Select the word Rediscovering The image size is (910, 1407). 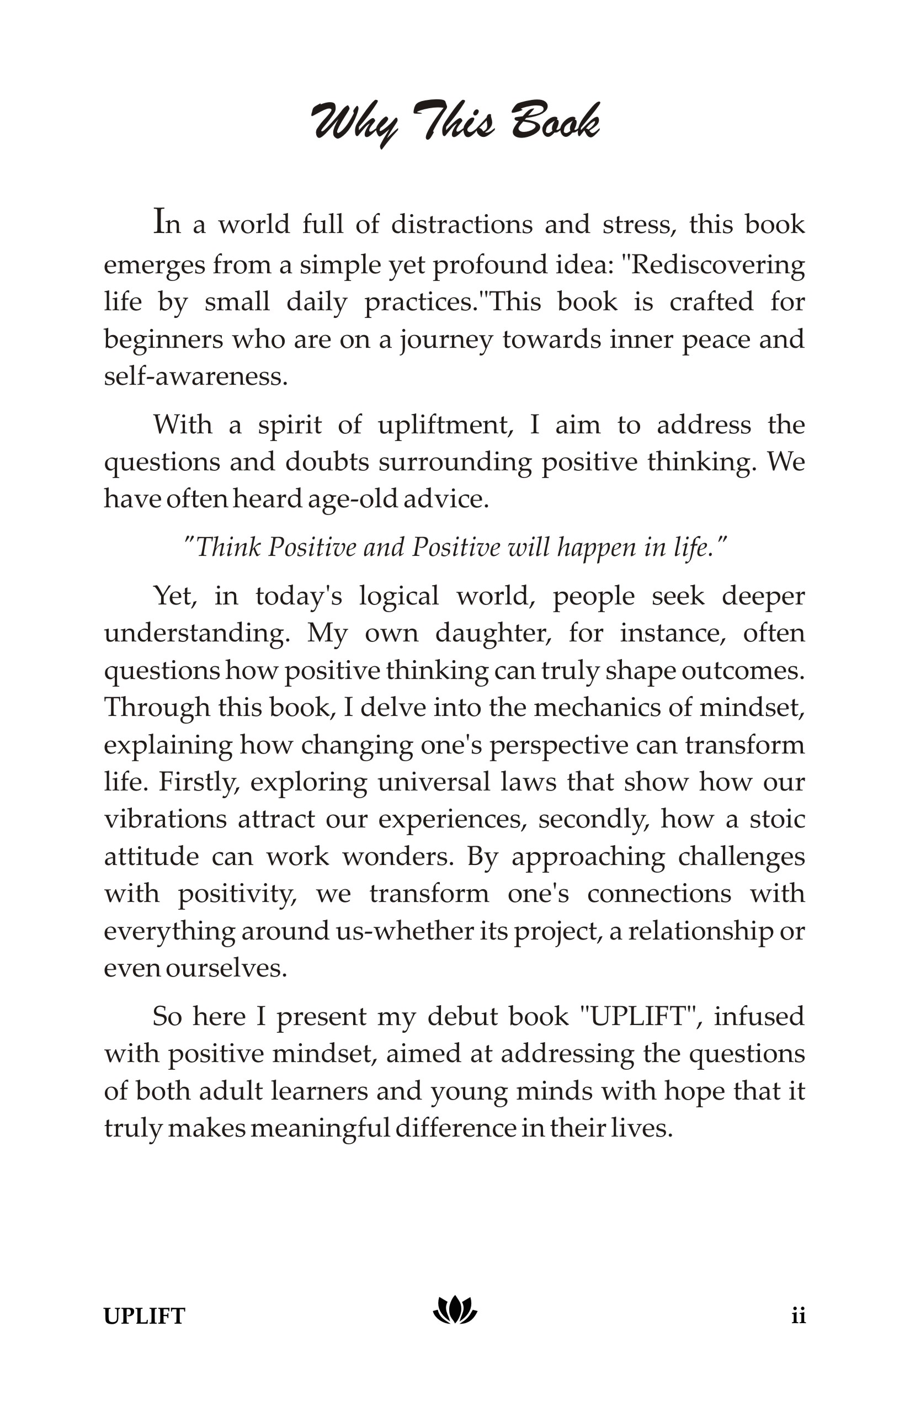pos(718,265)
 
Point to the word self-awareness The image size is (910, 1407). pos(195,376)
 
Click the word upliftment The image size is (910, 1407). pos(445,425)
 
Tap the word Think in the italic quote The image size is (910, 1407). pos(228,547)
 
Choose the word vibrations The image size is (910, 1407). pos(166,819)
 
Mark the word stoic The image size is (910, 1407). pos(777,819)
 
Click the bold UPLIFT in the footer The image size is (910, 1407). pos(144,1316)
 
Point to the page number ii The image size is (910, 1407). pos(799,1316)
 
